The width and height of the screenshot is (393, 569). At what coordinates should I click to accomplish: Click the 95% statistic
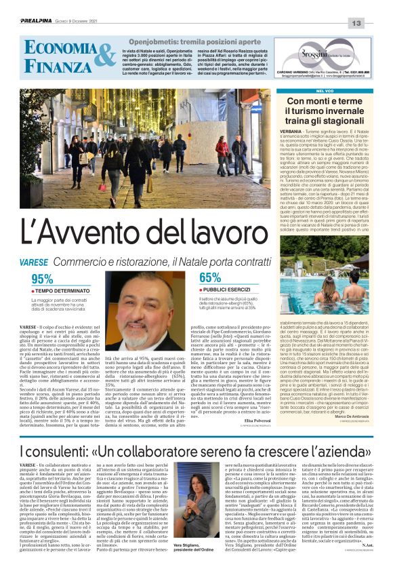(42, 278)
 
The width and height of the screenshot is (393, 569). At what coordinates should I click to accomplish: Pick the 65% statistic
(210, 277)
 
